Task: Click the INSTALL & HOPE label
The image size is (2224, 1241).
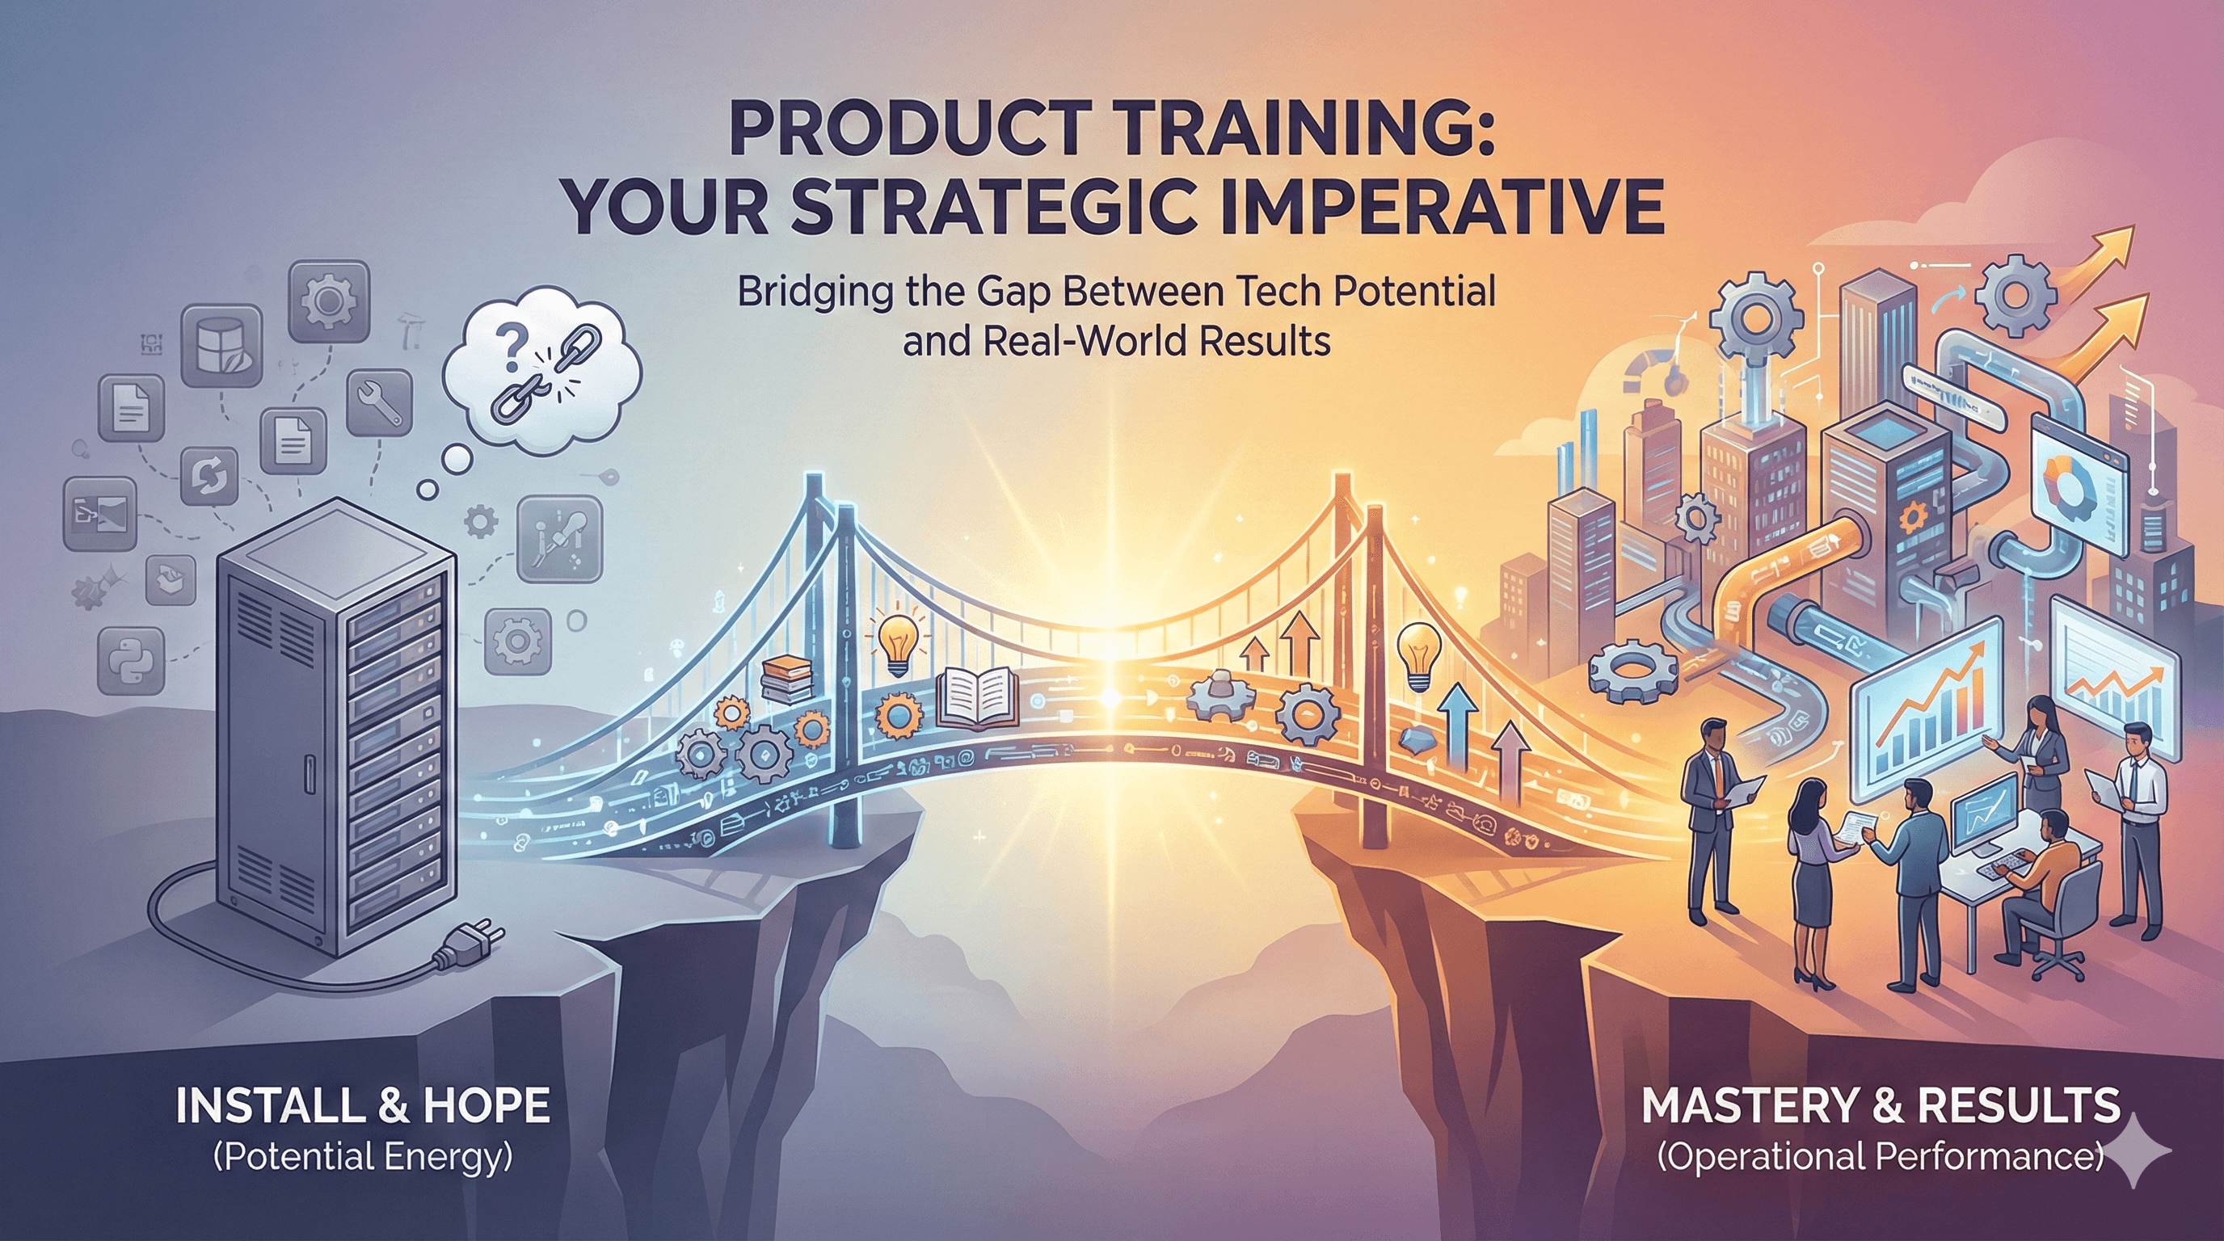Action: [x=363, y=1105]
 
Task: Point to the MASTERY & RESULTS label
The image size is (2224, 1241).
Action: [x=1881, y=1105]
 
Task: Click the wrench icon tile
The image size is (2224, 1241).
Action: [x=378, y=402]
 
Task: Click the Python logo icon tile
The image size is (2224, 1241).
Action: [x=131, y=660]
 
